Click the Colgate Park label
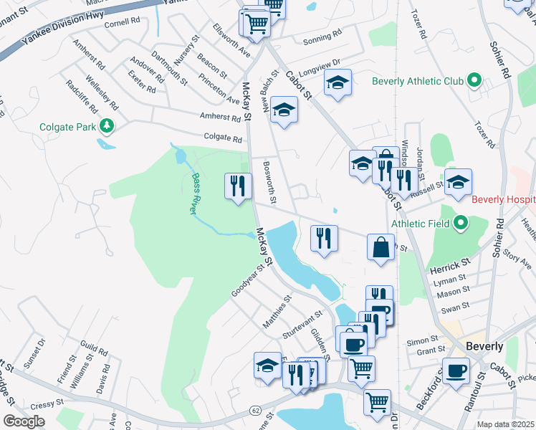click(x=68, y=128)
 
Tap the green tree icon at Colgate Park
click(x=107, y=127)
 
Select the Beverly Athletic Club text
click(x=418, y=81)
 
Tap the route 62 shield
click(x=256, y=411)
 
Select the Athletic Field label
click(x=420, y=224)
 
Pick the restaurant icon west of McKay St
click(x=237, y=186)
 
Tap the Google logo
click(x=24, y=421)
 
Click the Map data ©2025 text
click(x=505, y=424)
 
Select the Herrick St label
click(x=449, y=265)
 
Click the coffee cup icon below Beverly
click(x=455, y=372)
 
